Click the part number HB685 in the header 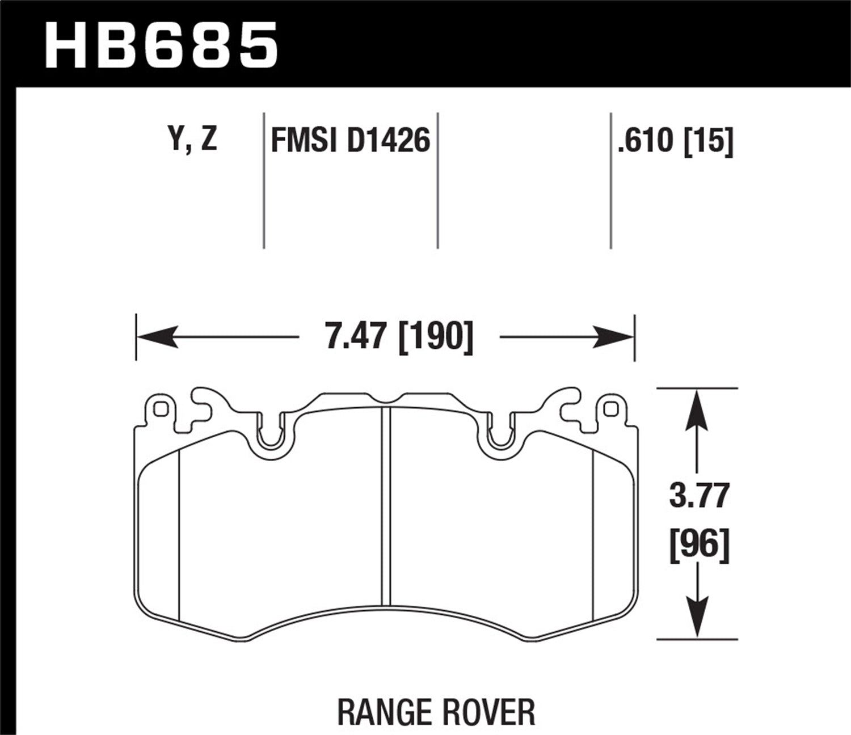[x=161, y=44]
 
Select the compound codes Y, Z [x=193, y=140]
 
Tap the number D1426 [x=388, y=141]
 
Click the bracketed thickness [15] [x=709, y=141]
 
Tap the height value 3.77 [x=698, y=496]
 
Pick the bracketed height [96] [x=698, y=544]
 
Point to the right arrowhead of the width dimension [x=615, y=337]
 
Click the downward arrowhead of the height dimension [x=697, y=618]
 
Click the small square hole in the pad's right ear [x=610, y=409]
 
